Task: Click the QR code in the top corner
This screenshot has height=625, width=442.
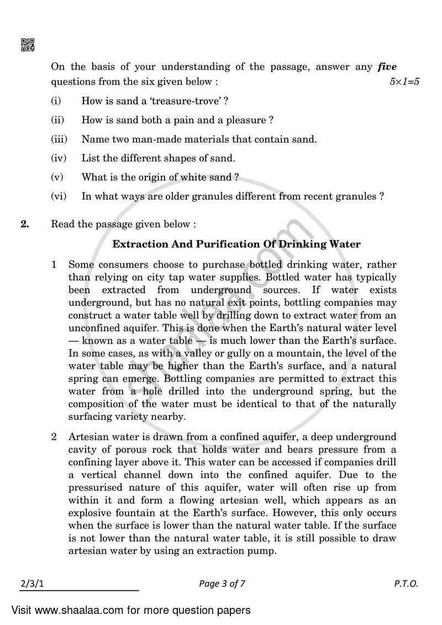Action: tap(27, 45)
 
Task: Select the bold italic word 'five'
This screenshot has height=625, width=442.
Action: tap(387, 67)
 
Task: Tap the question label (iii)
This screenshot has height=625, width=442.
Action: tap(58, 139)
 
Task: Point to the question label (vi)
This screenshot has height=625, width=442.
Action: tap(58, 196)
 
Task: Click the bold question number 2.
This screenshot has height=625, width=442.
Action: tap(25, 224)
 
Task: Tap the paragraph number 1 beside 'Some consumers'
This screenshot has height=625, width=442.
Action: tap(54, 265)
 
